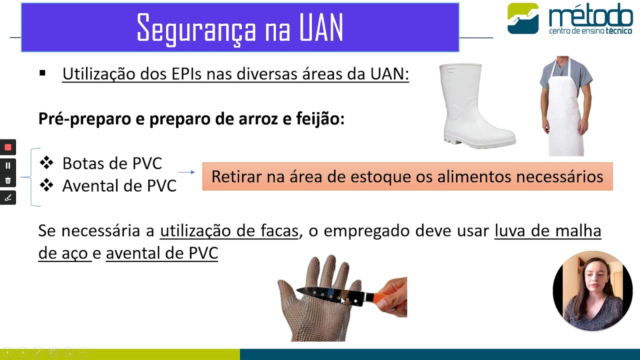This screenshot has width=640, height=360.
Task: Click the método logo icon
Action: (x=523, y=18)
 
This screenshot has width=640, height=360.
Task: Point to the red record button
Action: (x=8, y=147)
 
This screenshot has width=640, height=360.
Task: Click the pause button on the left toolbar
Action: (x=8, y=165)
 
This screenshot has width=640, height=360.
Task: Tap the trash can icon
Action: (x=8, y=180)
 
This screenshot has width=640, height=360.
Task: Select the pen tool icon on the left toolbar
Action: (x=8, y=198)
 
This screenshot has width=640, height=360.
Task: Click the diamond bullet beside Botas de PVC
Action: (x=46, y=162)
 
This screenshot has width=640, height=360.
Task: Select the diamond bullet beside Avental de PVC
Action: (x=46, y=185)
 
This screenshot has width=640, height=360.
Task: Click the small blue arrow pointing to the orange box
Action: (x=186, y=172)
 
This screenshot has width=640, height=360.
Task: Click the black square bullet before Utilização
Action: (x=42, y=73)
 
